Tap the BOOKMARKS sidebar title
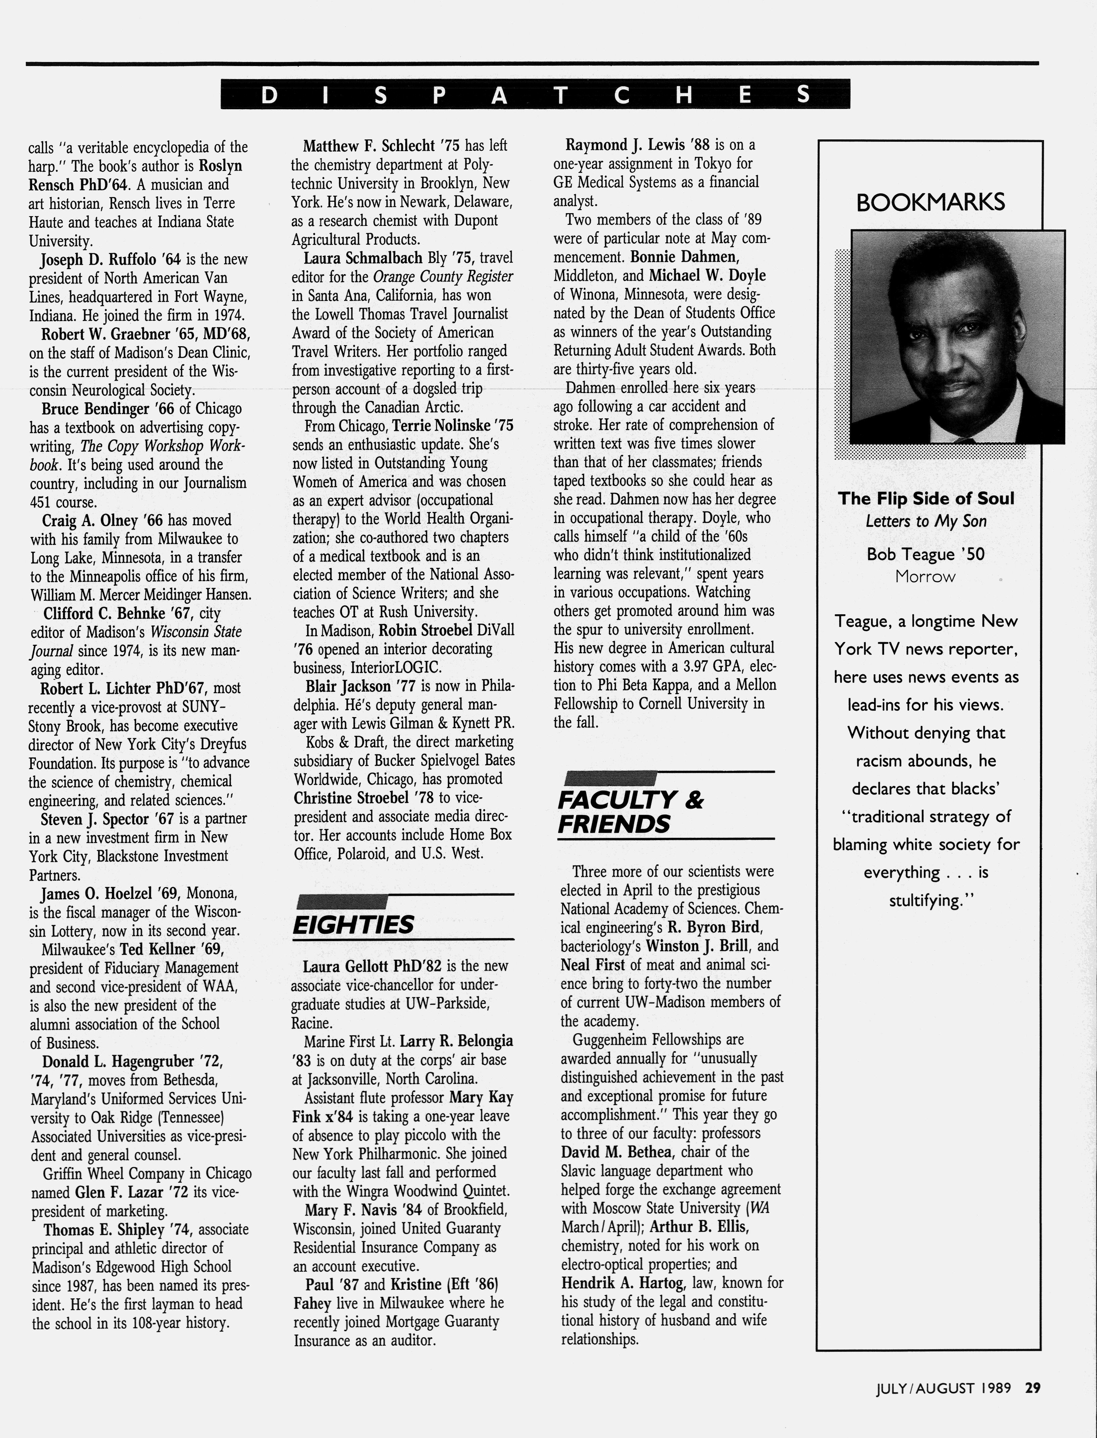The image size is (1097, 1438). (930, 202)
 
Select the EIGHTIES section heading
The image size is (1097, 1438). (353, 924)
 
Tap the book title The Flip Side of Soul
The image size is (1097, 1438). (926, 499)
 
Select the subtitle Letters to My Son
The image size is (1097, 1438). (926, 521)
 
